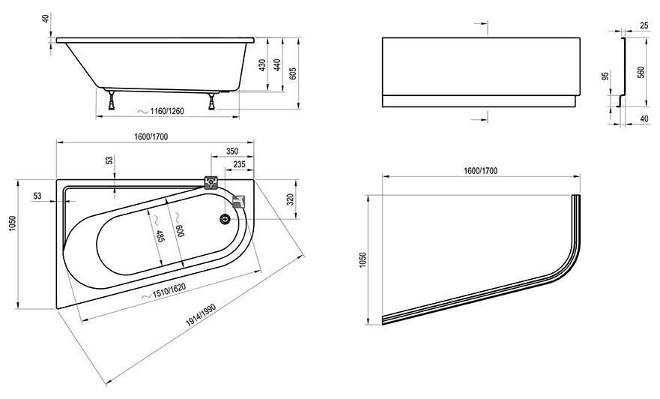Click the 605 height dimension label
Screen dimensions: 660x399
[294, 73]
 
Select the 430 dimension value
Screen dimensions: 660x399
[261, 64]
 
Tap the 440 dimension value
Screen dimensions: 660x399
[277, 64]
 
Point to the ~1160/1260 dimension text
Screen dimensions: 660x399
[162, 111]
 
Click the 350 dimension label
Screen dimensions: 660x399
[232, 151]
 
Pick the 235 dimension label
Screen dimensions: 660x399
[239, 164]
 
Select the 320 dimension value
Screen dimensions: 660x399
[290, 199]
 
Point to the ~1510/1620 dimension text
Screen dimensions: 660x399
[164, 292]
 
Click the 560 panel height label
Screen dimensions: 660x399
[641, 73]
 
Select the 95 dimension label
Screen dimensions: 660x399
[606, 76]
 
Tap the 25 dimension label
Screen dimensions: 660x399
[644, 26]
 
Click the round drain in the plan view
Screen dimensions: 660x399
[225, 218]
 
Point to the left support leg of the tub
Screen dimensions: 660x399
[112, 100]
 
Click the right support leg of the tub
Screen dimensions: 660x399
[212, 100]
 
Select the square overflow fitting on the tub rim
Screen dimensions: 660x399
[211, 182]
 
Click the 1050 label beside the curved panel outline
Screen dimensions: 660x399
[363, 260]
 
